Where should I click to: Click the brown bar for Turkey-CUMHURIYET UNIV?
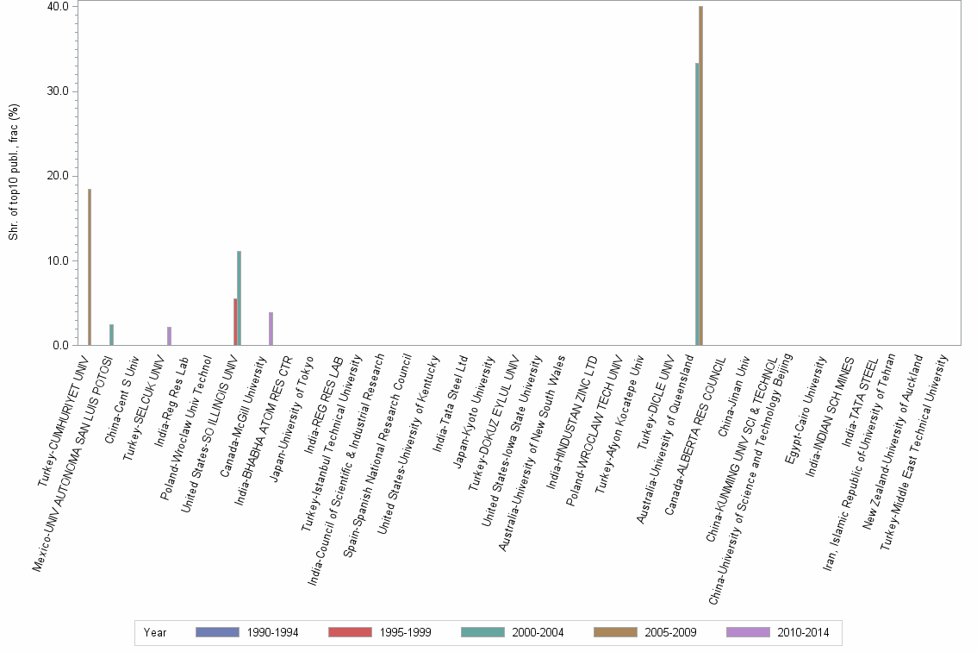90,267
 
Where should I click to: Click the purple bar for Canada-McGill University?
271,329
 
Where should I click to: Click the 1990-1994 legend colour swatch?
217,633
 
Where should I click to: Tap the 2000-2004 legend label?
538,633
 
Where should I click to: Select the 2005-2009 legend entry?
670,633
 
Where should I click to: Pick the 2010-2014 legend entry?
803,633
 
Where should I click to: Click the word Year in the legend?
156,633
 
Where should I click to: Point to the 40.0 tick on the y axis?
57,7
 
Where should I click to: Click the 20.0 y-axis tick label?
57,176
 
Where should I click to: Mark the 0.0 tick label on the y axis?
60,346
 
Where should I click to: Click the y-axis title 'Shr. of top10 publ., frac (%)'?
14,172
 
